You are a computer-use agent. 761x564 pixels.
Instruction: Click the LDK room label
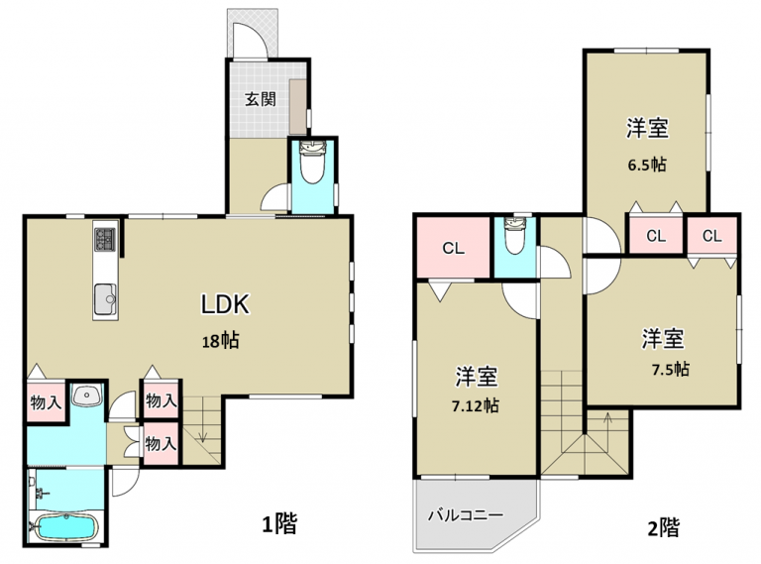[226, 304]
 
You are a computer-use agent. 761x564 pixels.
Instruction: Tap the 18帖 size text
[220, 341]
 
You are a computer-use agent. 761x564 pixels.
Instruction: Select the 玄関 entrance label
[261, 99]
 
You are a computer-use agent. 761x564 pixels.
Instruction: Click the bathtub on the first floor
[66, 527]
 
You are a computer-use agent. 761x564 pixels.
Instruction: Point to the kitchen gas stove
[105, 239]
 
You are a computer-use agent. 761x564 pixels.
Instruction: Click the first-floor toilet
[311, 162]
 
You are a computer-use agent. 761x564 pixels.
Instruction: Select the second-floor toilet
[514, 235]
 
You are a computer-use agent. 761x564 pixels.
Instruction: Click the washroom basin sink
[87, 395]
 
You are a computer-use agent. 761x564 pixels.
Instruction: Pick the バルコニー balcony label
[466, 514]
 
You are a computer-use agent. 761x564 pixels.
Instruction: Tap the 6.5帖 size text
[647, 165]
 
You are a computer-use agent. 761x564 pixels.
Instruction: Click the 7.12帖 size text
[476, 405]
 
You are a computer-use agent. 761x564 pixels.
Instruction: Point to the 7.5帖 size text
[670, 370]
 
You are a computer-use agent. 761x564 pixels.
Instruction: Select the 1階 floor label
[280, 523]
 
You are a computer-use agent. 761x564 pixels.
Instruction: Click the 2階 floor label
[664, 527]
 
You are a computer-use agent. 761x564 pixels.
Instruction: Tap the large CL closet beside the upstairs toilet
[453, 248]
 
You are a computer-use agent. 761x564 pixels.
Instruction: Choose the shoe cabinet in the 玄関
[297, 107]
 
